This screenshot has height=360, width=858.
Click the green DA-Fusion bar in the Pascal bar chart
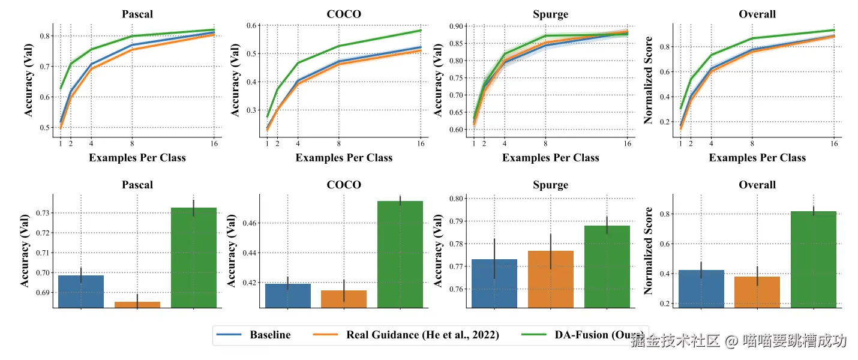[194, 258]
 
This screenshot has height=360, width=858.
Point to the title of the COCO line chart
[344, 14]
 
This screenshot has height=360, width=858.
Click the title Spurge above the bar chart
[550, 185]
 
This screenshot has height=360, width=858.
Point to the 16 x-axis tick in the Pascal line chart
[214, 144]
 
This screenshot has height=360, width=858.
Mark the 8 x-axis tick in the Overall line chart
[752, 144]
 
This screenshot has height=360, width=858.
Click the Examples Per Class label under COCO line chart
[344, 158]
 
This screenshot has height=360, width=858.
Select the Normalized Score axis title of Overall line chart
[648, 80]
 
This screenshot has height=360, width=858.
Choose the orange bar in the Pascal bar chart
[137, 305]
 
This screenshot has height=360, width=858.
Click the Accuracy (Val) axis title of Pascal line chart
[29, 80]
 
